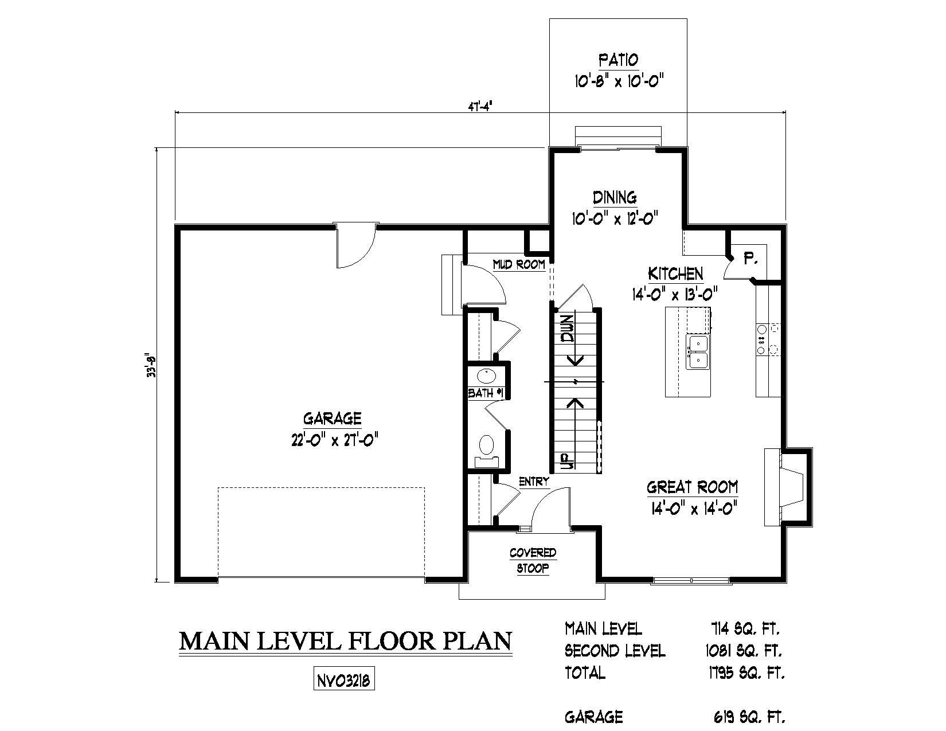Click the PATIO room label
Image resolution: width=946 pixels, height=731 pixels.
(x=618, y=60)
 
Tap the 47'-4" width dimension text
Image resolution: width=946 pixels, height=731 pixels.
(x=477, y=107)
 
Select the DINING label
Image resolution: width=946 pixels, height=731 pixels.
(x=615, y=197)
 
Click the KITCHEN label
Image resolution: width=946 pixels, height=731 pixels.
(x=675, y=273)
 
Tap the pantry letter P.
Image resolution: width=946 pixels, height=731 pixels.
(x=750, y=260)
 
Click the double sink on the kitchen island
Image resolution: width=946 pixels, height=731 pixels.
(x=698, y=351)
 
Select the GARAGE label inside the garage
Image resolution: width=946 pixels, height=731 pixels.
(x=332, y=419)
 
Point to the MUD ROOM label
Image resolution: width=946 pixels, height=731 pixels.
(x=519, y=264)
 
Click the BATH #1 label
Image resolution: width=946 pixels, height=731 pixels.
(x=486, y=393)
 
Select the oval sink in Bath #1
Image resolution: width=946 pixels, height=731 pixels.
(x=486, y=375)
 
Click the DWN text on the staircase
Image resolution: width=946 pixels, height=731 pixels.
(x=568, y=329)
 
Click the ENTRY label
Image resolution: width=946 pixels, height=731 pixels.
(x=534, y=482)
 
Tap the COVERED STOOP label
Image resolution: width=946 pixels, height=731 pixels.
(x=533, y=560)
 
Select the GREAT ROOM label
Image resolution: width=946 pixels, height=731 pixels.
(x=692, y=487)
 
